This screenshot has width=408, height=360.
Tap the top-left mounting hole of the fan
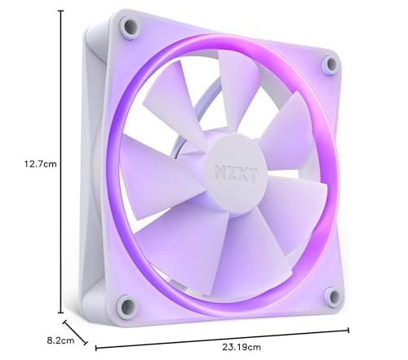pos(128,28)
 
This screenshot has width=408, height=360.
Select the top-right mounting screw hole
pos(329,64)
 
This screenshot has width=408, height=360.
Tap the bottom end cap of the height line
pos(60,312)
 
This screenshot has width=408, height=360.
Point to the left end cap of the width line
pos(96,347)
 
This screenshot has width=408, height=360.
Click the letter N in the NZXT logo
pos(219,172)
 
